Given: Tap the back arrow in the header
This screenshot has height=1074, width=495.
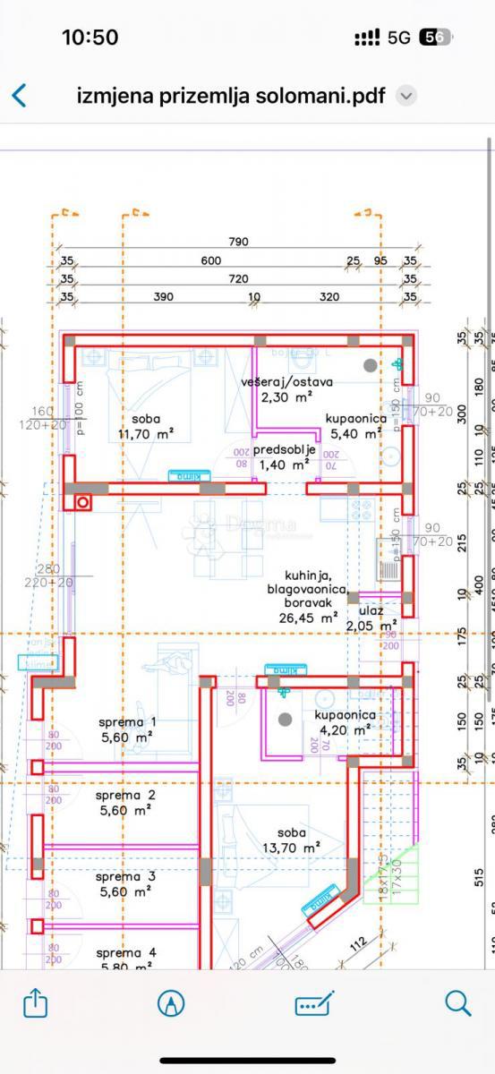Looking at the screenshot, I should pyautogui.click(x=19, y=95).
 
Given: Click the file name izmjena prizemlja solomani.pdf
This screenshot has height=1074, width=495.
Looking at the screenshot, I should pyautogui.click(x=232, y=95).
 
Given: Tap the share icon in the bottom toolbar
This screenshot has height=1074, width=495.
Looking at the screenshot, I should pyautogui.click(x=35, y=1003).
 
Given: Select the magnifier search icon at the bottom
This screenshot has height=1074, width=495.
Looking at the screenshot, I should pyautogui.click(x=457, y=1003).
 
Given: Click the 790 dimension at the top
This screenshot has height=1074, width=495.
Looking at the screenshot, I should pyautogui.click(x=238, y=242).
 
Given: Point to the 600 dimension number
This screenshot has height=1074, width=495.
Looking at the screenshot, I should pyautogui.click(x=210, y=260).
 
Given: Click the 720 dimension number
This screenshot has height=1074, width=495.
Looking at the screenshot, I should pyautogui.click(x=238, y=278).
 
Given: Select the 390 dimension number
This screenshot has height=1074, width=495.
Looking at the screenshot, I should pyautogui.click(x=163, y=297).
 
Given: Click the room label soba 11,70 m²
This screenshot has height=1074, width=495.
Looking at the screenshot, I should pyautogui.click(x=146, y=426).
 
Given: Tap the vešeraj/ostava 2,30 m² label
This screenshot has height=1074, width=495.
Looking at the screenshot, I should pyautogui.click(x=286, y=388).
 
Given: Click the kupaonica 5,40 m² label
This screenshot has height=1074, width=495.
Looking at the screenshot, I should pyautogui.click(x=355, y=426).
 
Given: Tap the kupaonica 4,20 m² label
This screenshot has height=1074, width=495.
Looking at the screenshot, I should pyautogui.click(x=345, y=722).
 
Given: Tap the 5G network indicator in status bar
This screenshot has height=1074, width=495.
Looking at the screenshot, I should pyautogui.click(x=399, y=38).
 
